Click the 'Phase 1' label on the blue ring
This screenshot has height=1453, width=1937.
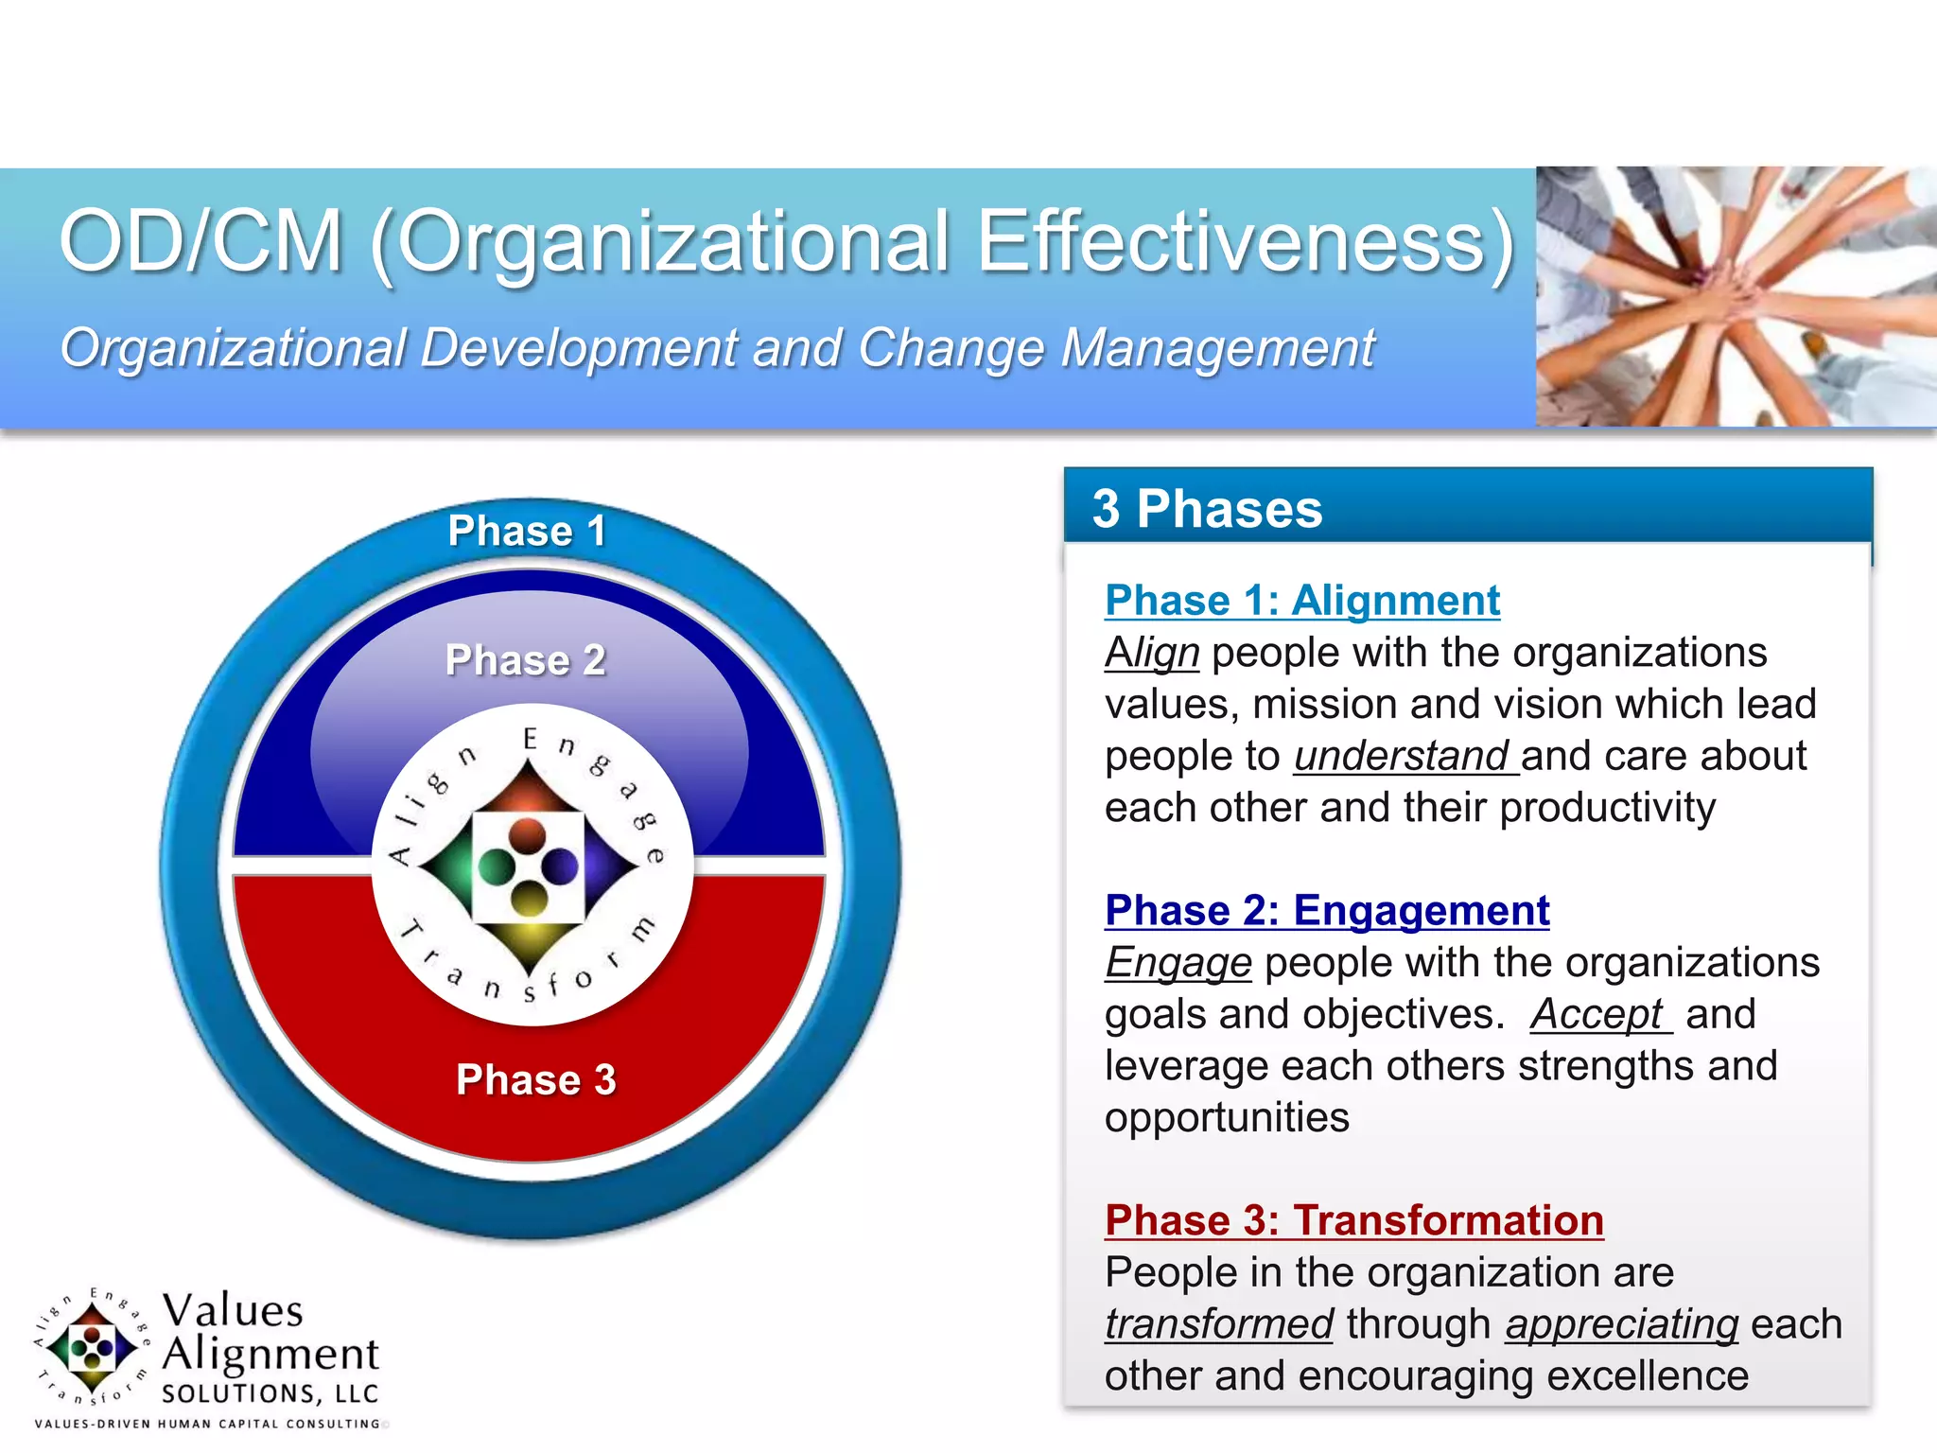(x=527, y=531)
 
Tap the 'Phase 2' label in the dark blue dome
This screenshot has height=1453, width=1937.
(x=525, y=660)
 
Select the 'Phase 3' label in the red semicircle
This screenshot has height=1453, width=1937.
(x=535, y=1079)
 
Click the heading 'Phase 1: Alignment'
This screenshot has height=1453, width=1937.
(x=1301, y=601)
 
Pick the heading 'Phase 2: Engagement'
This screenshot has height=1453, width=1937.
(x=1326, y=911)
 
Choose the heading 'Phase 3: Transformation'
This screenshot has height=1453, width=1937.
(x=1353, y=1220)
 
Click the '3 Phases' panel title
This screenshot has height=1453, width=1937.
(x=1207, y=509)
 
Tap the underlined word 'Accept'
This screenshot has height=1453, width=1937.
(x=1597, y=1015)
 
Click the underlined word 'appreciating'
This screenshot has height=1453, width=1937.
(x=1621, y=1324)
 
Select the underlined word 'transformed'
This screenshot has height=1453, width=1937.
(x=1218, y=1324)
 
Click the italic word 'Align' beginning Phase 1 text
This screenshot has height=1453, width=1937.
(x=1151, y=653)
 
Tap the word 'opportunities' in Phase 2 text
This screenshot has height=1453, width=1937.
(x=1226, y=1118)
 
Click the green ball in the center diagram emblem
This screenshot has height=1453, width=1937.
(x=496, y=865)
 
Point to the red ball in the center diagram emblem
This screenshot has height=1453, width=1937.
(x=527, y=834)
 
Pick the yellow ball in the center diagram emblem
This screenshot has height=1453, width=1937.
(x=529, y=898)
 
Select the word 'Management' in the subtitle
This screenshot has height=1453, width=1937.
(x=1217, y=348)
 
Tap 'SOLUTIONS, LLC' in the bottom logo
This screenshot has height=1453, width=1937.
(x=270, y=1393)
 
